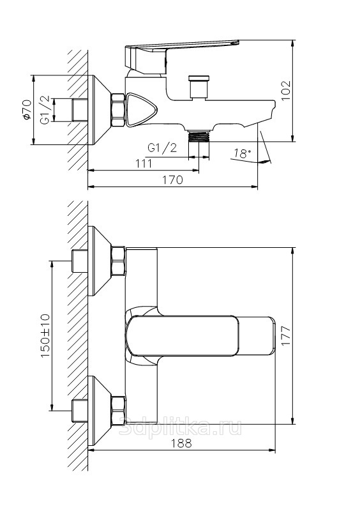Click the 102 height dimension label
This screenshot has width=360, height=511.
click(285, 91)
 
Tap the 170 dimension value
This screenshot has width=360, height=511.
click(172, 179)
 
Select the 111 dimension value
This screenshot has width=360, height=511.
click(144, 163)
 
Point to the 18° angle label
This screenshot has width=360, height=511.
click(243, 153)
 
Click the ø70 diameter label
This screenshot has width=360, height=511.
click(27, 109)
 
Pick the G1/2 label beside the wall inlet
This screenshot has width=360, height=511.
click(45, 110)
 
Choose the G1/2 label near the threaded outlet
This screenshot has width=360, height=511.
click(162, 148)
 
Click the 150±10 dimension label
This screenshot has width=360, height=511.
click(45, 336)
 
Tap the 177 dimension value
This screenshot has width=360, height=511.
click(285, 336)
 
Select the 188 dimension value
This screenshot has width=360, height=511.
click(181, 443)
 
